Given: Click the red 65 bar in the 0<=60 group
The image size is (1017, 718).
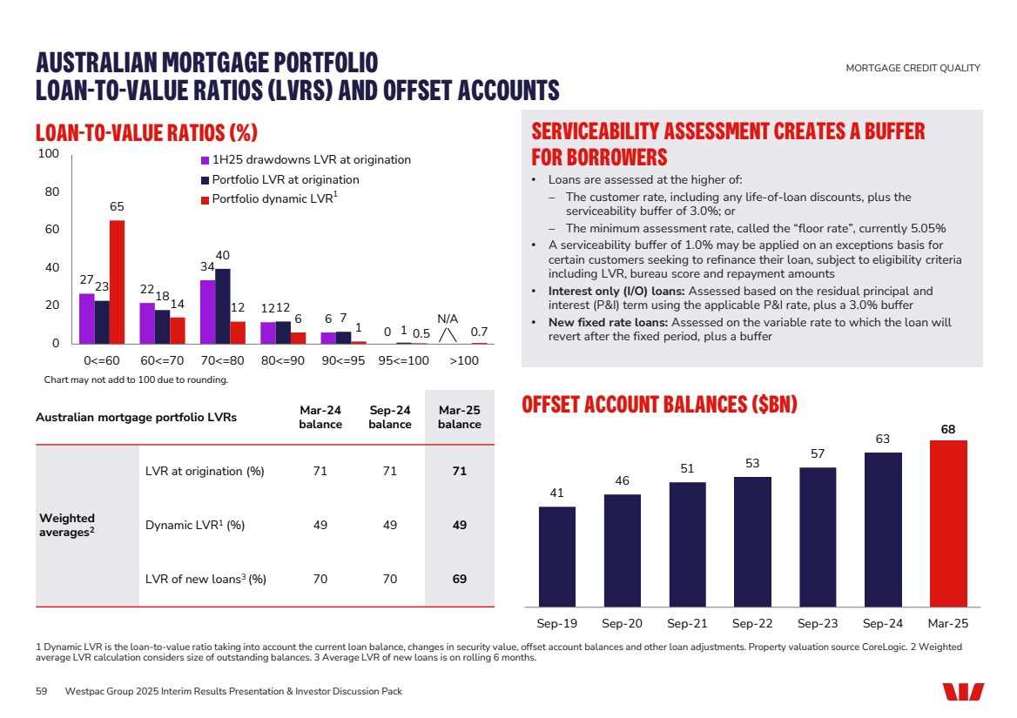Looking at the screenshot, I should (117, 282).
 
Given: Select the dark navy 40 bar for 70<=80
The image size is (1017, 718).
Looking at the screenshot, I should (223, 306).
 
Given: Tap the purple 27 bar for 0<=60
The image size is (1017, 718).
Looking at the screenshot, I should (86, 319).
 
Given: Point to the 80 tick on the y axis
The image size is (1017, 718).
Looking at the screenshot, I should (51, 192).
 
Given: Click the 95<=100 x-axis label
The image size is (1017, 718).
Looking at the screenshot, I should (403, 360).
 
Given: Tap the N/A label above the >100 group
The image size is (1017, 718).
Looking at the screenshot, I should (448, 319).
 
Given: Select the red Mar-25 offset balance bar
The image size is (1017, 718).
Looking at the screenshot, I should (948, 523).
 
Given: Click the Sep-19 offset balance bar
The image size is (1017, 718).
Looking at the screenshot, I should (557, 556).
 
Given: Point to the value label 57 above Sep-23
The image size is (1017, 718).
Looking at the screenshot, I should (818, 454).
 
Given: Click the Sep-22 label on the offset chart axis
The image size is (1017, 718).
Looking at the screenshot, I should (752, 624).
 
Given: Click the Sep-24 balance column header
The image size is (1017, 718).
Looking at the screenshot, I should (389, 417).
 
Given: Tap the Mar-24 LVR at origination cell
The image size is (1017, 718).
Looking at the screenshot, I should (320, 472).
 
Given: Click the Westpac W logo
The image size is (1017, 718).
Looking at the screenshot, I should (963, 691).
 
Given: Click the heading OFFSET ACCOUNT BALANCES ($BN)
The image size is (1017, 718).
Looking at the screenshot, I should (660, 406).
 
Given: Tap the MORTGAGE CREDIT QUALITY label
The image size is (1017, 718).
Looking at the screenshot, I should (913, 68).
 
